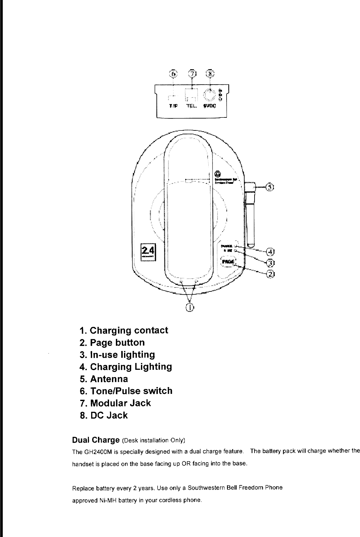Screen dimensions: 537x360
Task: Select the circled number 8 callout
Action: tap(211, 74)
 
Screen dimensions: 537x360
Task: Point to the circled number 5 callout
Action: tap(270, 187)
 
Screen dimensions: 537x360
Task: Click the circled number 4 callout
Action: tap(270, 251)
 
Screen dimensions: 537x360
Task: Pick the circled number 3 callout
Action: tap(270, 262)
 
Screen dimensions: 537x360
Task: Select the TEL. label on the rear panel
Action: tap(192, 106)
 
